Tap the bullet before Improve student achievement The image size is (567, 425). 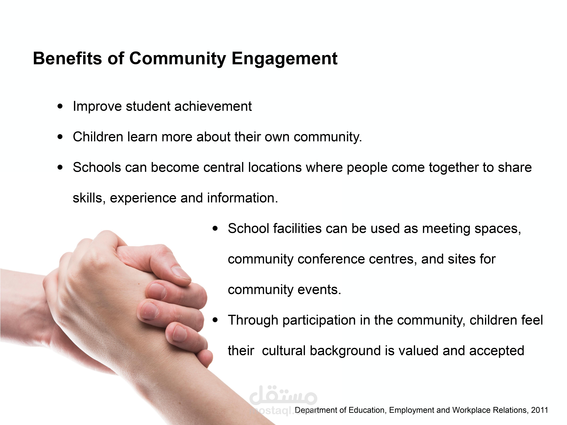[60, 106]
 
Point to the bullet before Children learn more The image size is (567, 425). [60, 137]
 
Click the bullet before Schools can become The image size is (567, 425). [60, 167]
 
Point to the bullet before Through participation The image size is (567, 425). [215, 320]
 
